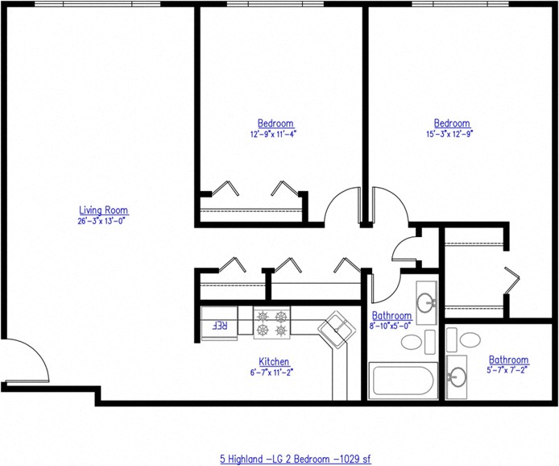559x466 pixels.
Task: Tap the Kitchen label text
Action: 274,362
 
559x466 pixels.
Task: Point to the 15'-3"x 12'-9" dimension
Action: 452,134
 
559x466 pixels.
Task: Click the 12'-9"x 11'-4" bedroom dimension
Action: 274,134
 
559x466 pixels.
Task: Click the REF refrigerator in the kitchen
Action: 218,326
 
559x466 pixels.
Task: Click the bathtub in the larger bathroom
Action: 403,381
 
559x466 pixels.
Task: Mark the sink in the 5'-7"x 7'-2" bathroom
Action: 458,376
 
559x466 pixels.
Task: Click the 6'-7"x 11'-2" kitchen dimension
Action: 274,372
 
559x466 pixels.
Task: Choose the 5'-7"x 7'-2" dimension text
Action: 508,371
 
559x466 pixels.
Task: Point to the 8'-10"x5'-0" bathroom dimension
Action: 391,325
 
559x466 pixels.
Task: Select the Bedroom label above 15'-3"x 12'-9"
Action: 452,123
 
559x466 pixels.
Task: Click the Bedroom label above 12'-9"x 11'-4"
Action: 274,123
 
